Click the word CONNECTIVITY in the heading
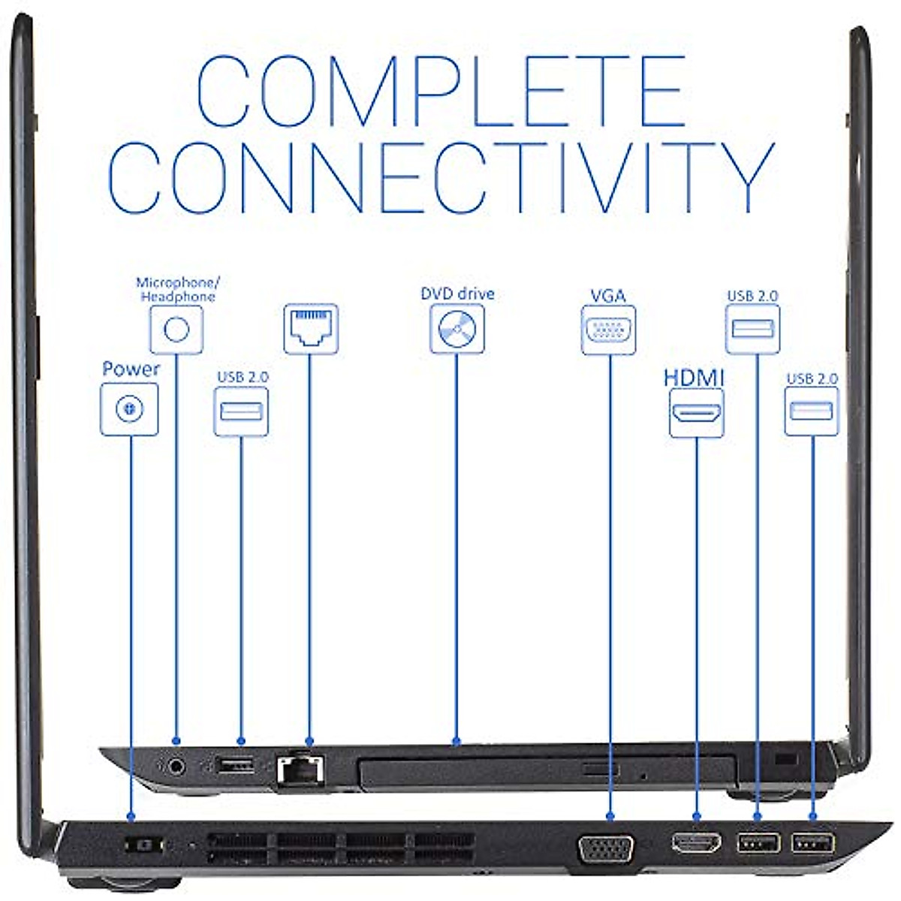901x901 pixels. (x=441, y=177)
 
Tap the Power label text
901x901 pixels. (x=131, y=369)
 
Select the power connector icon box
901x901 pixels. (x=129, y=409)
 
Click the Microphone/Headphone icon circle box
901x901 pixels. (x=176, y=329)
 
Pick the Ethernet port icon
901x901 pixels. (x=310, y=328)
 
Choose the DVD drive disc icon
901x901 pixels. (x=457, y=329)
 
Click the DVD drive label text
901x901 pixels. (x=457, y=294)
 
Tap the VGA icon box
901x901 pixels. (x=608, y=330)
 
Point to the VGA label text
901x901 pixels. (x=608, y=296)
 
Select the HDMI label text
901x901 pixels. (x=694, y=377)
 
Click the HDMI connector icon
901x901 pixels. (x=696, y=412)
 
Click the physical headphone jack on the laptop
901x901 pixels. (x=176, y=766)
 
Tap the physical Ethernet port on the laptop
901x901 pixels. (x=300, y=769)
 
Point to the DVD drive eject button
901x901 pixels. (x=600, y=770)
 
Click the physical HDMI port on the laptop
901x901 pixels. (x=696, y=842)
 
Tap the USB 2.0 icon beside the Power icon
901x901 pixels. (x=241, y=411)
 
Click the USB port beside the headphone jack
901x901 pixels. (x=234, y=765)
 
